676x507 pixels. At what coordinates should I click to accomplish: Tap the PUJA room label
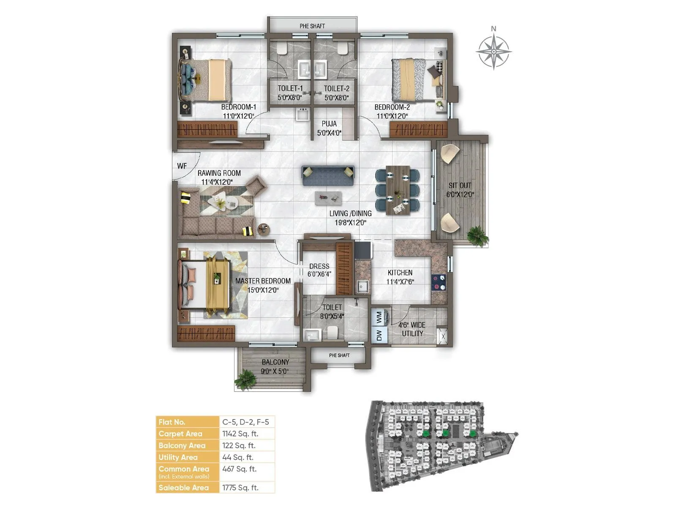pyautogui.click(x=329, y=124)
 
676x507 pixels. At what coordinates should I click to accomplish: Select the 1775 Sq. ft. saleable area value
pyautogui.click(x=240, y=488)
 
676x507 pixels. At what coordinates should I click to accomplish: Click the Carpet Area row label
pyautogui.click(x=180, y=433)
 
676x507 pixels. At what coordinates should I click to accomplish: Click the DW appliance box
pyautogui.click(x=379, y=335)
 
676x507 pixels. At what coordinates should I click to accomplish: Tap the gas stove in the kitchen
pyautogui.click(x=439, y=282)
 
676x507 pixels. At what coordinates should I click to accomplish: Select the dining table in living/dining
pyautogui.click(x=398, y=190)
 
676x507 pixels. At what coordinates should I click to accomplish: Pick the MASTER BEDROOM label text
pyautogui.click(x=263, y=281)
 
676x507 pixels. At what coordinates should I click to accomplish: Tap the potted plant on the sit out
pyautogui.click(x=478, y=235)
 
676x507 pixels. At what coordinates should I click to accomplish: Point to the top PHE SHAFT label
pyautogui.click(x=312, y=26)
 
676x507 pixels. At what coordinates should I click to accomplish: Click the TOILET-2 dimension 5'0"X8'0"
pyautogui.click(x=337, y=98)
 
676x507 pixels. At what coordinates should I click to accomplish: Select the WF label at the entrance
pyautogui.click(x=182, y=166)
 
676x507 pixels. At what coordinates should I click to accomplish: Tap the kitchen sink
pyautogui.click(x=362, y=286)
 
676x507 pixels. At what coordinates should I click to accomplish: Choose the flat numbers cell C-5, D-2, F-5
pyautogui.click(x=245, y=422)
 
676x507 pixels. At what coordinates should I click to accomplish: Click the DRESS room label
pyautogui.click(x=319, y=266)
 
